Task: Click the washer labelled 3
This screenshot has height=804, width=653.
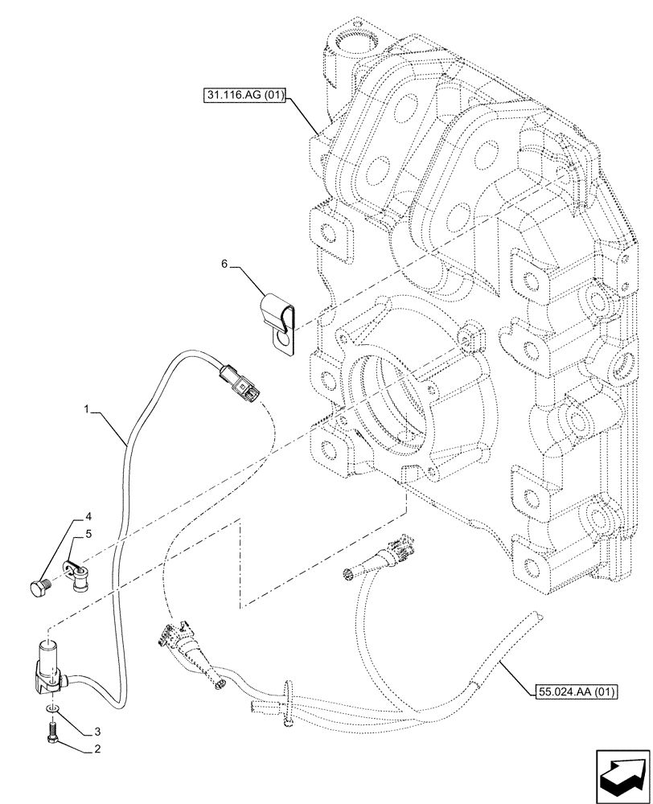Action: coord(51,707)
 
